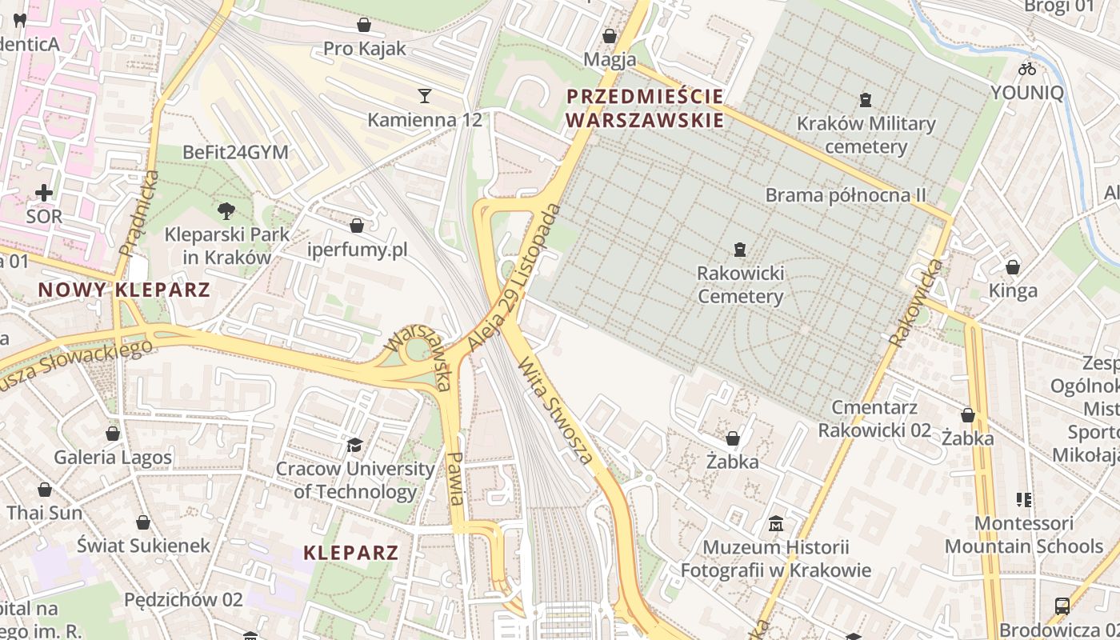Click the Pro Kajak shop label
[364, 49]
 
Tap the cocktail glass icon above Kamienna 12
[425, 96]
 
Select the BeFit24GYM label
[235, 152]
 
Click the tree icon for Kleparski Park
[226, 211]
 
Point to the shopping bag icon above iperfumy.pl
[357, 226]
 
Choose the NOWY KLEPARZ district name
[124, 290]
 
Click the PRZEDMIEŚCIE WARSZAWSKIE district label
[645, 109]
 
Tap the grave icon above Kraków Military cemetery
[864, 100]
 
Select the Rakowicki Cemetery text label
[741, 285]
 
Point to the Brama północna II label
[846, 195]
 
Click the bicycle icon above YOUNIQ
[1027, 68]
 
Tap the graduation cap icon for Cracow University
[354, 445]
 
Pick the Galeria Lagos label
[113, 458]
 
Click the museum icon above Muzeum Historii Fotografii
[775, 524]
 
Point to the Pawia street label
[456, 478]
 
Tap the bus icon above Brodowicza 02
[1062, 606]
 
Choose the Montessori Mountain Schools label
[1024, 535]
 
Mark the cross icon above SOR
[44, 193]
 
